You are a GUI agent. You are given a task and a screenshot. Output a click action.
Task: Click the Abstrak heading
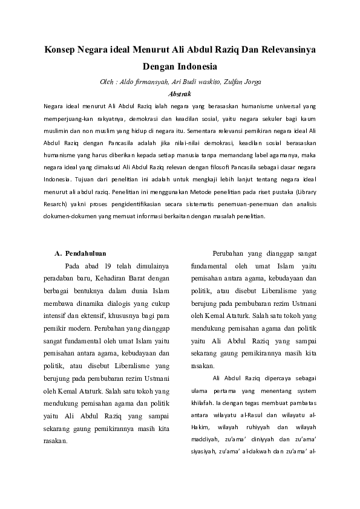click(180, 94)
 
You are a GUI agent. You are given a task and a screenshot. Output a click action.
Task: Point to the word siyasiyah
click(203, 451)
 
